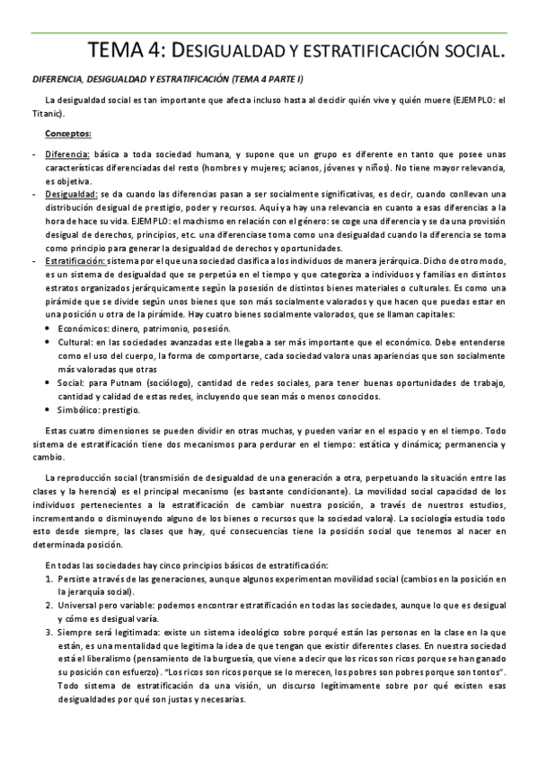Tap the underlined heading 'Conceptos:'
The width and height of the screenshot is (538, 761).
pyautogui.click(x=68, y=135)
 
